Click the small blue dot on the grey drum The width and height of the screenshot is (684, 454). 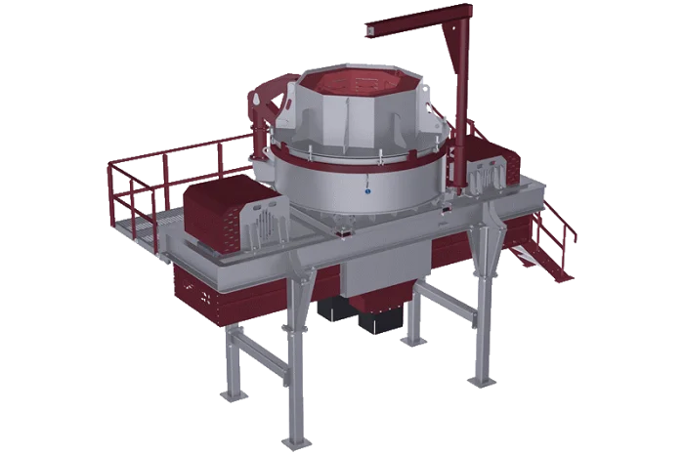pyautogui.click(x=367, y=192)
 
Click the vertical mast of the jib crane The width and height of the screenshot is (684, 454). pyautogui.click(x=455, y=78)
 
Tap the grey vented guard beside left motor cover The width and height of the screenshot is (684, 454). pyautogui.click(x=265, y=221)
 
